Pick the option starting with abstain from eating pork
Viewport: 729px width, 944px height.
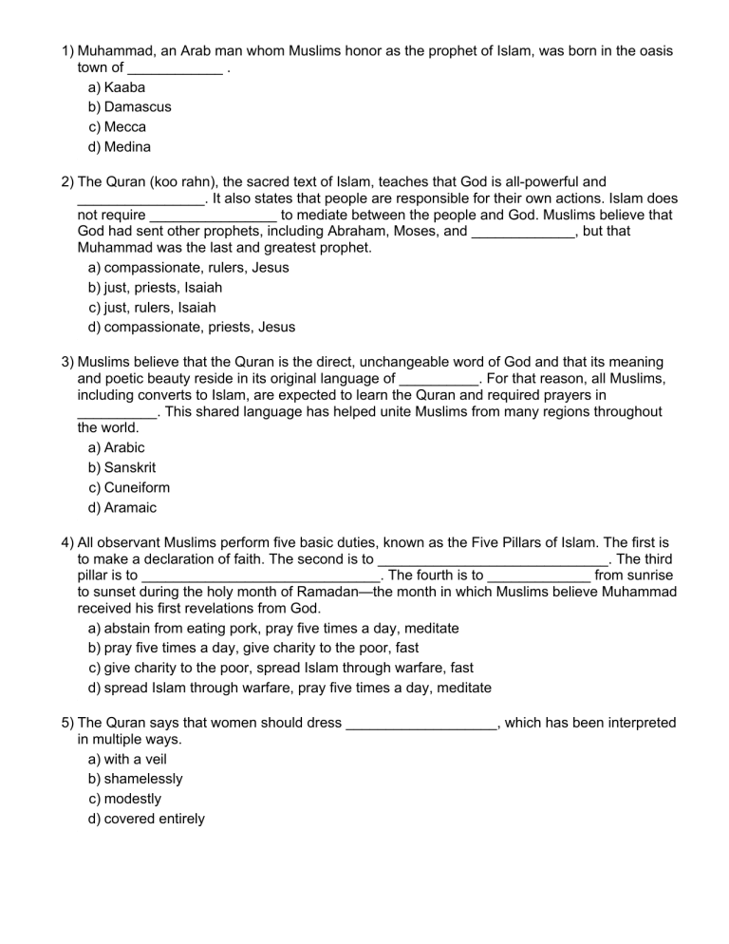pyautogui.click(x=273, y=629)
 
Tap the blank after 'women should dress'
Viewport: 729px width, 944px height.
pyautogui.click(x=421, y=724)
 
